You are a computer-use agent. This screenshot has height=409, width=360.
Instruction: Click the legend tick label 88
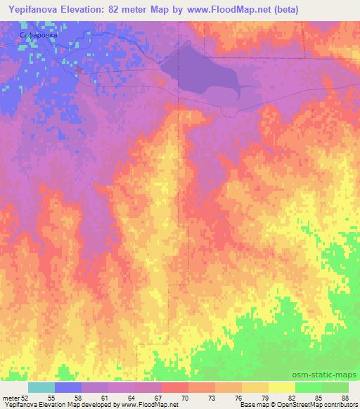[x=345, y=398]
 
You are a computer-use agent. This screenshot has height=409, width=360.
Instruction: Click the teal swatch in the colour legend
[x=41, y=387]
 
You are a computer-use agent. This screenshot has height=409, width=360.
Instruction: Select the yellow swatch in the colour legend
[x=282, y=387]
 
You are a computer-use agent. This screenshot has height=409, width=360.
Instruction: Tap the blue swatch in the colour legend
[x=68, y=387]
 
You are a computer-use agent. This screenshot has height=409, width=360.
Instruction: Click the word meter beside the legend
[x=11, y=398]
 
